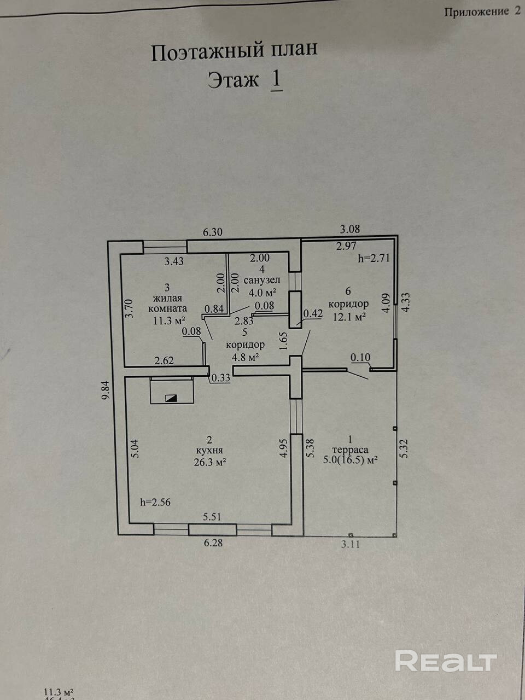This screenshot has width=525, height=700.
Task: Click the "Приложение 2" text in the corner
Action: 482,12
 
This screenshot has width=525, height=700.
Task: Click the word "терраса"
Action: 350,449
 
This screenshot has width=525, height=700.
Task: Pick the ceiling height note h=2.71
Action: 374,259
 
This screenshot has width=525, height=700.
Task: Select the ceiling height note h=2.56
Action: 155,502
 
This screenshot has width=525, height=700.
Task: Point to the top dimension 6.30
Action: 213,232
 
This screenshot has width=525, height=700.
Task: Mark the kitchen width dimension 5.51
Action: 213,516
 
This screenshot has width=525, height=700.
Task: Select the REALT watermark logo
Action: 445,661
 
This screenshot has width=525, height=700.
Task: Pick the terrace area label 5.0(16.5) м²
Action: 351,460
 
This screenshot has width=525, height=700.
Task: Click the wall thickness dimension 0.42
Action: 312,314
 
